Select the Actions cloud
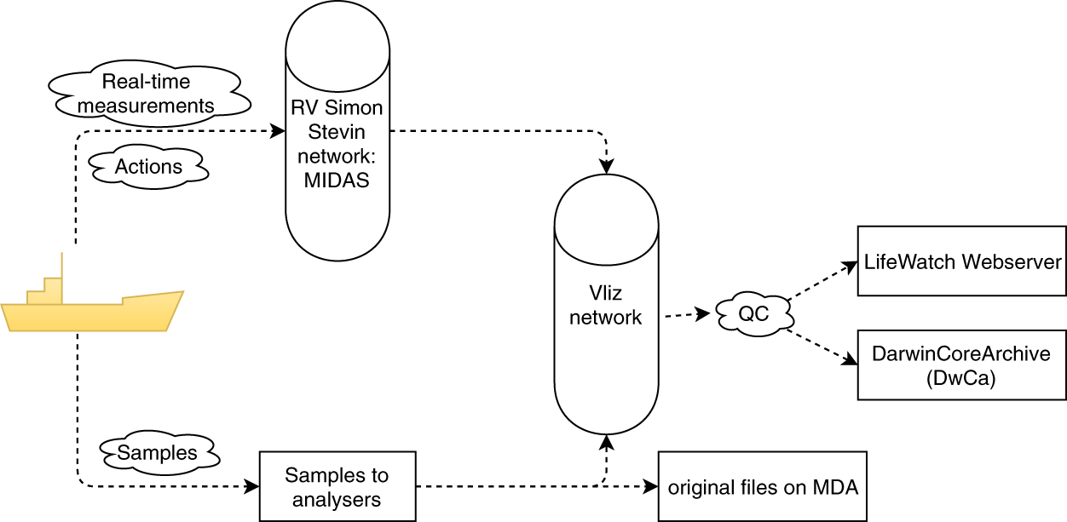148,167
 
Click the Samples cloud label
157,452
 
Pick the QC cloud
753,314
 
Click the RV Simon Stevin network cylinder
337,136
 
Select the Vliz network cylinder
606,307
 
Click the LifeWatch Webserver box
961,261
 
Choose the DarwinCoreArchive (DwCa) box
961,365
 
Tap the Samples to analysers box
337,486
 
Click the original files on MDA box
762,487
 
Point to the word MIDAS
337,181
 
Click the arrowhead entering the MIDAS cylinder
278,132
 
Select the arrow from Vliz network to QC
687,315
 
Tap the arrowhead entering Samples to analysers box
251,487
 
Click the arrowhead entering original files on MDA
652,487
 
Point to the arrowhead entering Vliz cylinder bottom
606,442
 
